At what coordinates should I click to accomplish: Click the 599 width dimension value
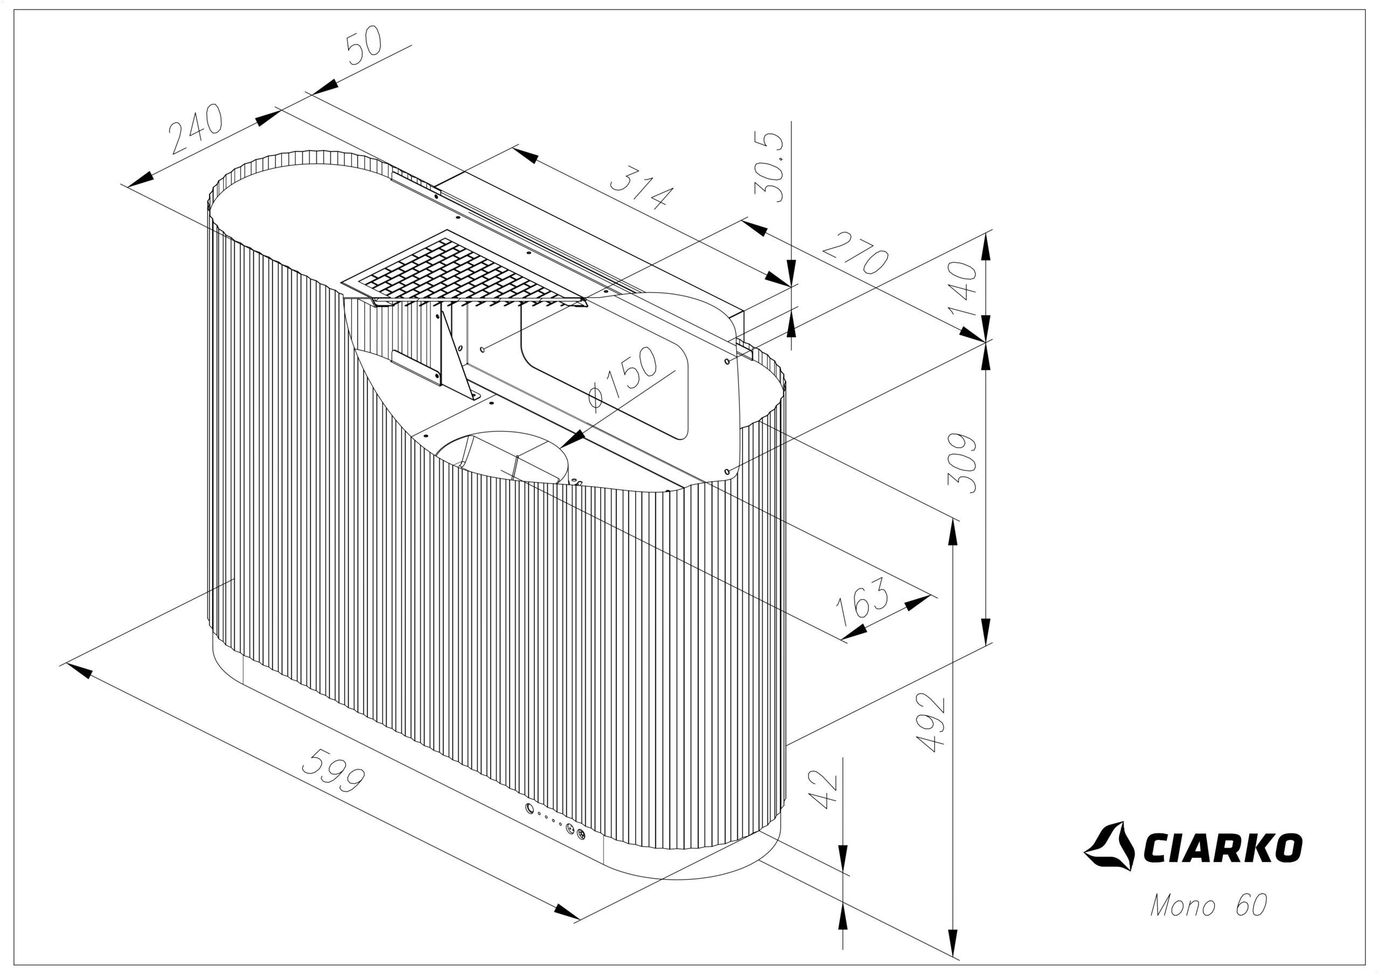tap(333, 770)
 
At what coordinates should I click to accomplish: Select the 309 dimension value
tap(962, 463)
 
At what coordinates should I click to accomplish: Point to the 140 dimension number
tap(962, 288)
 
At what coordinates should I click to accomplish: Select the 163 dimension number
tap(862, 602)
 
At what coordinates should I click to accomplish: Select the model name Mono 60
tap(1208, 905)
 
